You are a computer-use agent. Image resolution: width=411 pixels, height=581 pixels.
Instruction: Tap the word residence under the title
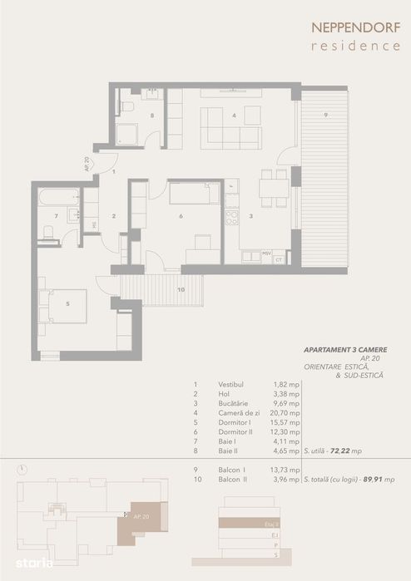tap(355, 46)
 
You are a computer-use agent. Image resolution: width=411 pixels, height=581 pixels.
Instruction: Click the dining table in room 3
tap(274, 188)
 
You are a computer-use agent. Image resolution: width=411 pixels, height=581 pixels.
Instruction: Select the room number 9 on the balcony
tap(325, 114)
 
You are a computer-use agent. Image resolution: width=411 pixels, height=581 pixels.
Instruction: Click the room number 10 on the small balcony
tap(181, 289)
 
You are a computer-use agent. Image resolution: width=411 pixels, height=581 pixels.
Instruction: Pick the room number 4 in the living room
tap(235, 116)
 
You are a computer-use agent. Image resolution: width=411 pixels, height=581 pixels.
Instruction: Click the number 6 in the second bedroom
tap(181, 217)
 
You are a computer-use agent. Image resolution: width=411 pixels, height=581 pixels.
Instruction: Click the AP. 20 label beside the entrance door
tap(87, 164)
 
